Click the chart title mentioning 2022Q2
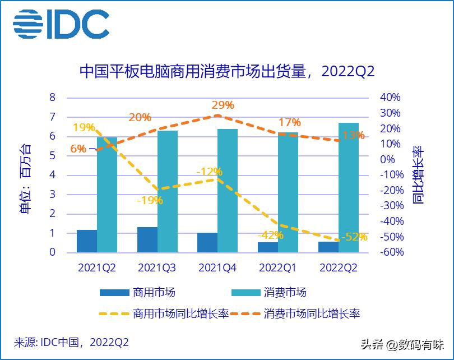tap(226, 72)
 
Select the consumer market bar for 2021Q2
tap(107, 195)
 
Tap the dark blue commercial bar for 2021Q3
tap(147, 239)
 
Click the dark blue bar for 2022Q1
tap(268, 247)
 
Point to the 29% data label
tap(223, 105)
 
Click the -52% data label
tap(354, 237)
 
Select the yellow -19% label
tap(150, 200)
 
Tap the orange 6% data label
tap(78, 149)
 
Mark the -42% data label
tap(271, 235)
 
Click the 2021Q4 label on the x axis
tap(217, 268)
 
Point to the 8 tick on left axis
tap(53, 98)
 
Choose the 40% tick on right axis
tap(391, 98)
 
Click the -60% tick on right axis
tap(391, 252)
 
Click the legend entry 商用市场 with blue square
tap(137, 292)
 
